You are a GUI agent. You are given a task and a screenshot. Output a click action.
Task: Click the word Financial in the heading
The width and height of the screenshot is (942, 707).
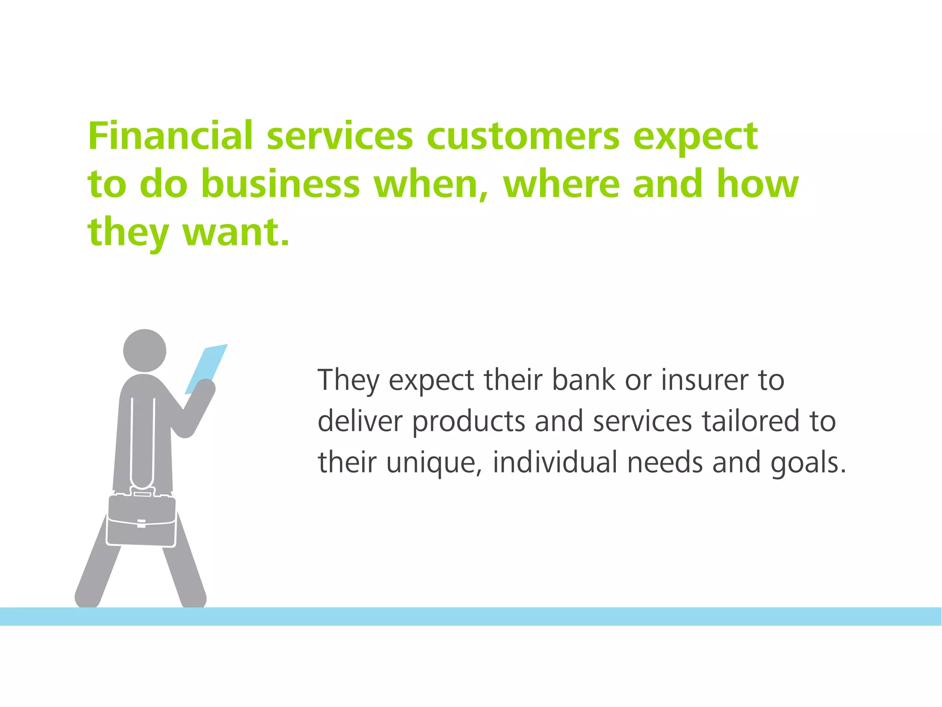pos(170,136)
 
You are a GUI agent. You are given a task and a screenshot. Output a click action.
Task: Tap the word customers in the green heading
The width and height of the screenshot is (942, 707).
pos(523,137)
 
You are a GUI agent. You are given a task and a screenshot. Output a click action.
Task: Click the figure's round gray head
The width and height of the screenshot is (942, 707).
pos(145,351)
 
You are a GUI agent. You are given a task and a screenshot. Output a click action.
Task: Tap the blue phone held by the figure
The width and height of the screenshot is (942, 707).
pos(207,368)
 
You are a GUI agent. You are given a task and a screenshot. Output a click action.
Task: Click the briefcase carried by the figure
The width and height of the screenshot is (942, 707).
pos(141,520)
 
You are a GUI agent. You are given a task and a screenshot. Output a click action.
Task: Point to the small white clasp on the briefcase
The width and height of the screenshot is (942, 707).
pos(142,523)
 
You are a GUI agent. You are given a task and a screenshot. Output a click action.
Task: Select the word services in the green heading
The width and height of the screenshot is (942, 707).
pos(340,137)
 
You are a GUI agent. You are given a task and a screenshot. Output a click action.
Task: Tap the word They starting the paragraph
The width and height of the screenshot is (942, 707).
pos(349,381)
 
